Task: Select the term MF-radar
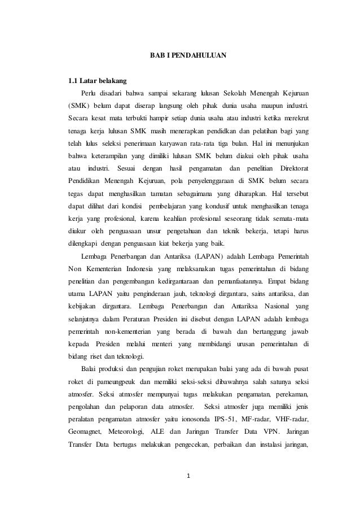point(269,420)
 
